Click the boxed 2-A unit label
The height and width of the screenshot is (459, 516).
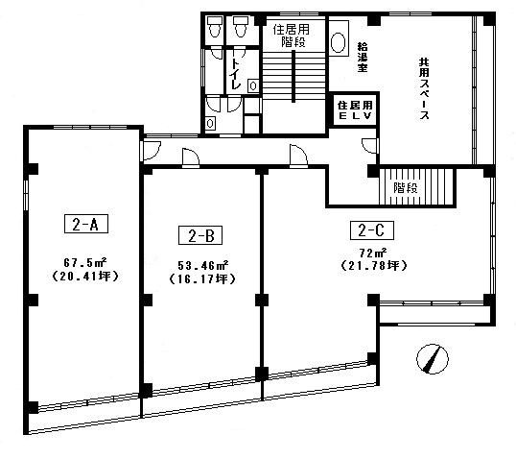[x=86, y=224]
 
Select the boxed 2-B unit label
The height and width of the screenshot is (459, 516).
[x=200, y=235]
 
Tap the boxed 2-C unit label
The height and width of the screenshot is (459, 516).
[x=372, y=230]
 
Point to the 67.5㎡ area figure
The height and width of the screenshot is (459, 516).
[x=85, y=262]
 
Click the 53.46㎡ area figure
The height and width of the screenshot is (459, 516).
[x=203, y=265]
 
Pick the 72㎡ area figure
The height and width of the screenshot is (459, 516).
[x=373, y=253]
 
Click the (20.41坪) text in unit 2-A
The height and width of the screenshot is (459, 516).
[x=85, y=276]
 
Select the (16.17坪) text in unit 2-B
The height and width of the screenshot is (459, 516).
[x=202, y=279]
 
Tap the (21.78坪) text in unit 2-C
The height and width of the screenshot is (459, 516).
[x=373, y=266]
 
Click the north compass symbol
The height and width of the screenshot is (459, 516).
[x=433, y=359]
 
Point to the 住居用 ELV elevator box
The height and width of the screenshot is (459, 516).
[x=355, y=110]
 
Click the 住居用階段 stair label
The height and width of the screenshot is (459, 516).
[x=292, y=36]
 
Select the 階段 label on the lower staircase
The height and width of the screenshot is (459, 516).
[x=406, y=188]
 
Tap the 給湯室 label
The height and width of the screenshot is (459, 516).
[x=363, y=57]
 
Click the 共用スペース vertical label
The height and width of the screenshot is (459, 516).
[x=424, y=89]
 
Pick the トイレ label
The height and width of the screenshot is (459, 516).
[x=235, y=75]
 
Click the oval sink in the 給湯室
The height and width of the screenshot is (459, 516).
[x=338, y=42]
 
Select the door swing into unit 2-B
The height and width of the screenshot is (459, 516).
[x=191, y=157]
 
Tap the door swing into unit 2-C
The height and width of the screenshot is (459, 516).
[x=298, y=155]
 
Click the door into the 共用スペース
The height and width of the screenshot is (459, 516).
[x=370, y=146]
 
